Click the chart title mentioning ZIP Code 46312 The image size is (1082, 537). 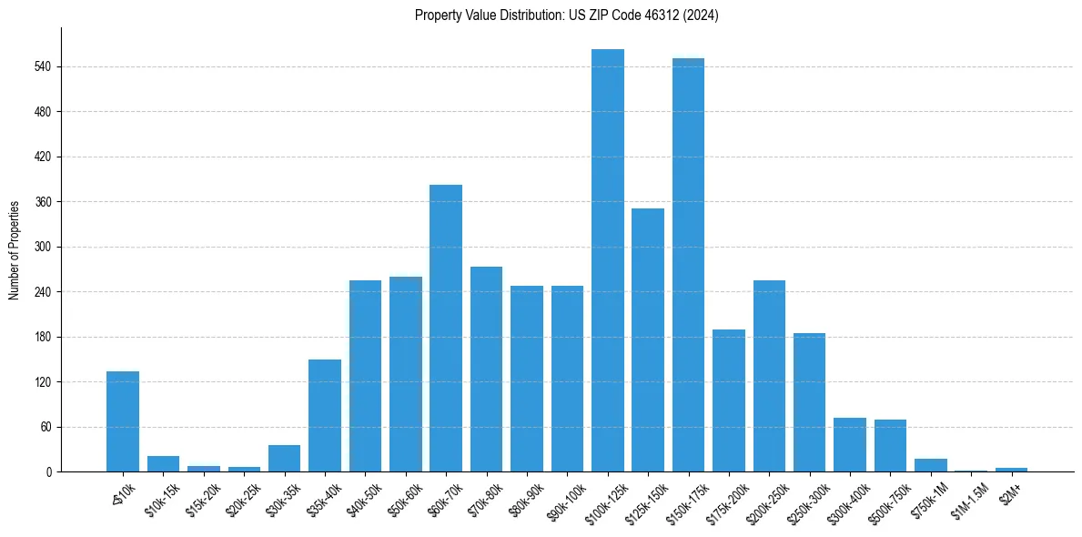(566, 15)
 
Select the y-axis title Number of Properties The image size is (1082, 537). (15, 250)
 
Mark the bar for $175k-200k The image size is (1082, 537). (729, 400)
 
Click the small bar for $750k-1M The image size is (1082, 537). (930, 465)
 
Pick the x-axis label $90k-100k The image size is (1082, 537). (565, 498)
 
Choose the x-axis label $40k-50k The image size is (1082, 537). (363, 498)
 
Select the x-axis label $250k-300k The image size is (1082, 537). (806, 500)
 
